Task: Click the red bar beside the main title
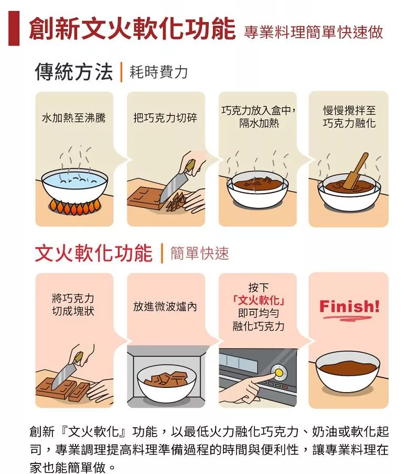pyautogui.click(x=14, y=28)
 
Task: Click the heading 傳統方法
pyautogui.click(x=74, y=72)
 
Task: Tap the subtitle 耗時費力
pyautogui.click(x=158, y=72)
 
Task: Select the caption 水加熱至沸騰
pyautogui.click(x=74, y=118)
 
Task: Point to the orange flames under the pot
pyautogui.click(x=74, y=207)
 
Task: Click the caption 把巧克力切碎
pyautogui.click(x=165, y=118)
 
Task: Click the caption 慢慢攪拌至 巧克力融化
pyautogui.click(x=349, y=117)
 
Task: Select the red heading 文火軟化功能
pyautogui.click(x=94, y=254)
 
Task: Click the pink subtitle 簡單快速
pyautogui.click(x=200, y=254)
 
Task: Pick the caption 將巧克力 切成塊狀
pyautogui.click(x=73, y=304)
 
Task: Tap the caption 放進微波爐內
pyautogui.click(x=165, y=307)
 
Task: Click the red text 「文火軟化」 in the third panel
pyautogui.click(x=259, y=300)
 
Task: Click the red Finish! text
pyautogui.click(x=349, y=307)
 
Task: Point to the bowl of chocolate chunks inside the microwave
pyautogui.click(x=166, y=383)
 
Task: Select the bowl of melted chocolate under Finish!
pyautogui.click(x=348, y=373)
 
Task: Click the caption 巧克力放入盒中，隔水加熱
pyautogui.click(x=259, y=117)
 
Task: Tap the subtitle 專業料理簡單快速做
pyautogui.click(x=314, y=32)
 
